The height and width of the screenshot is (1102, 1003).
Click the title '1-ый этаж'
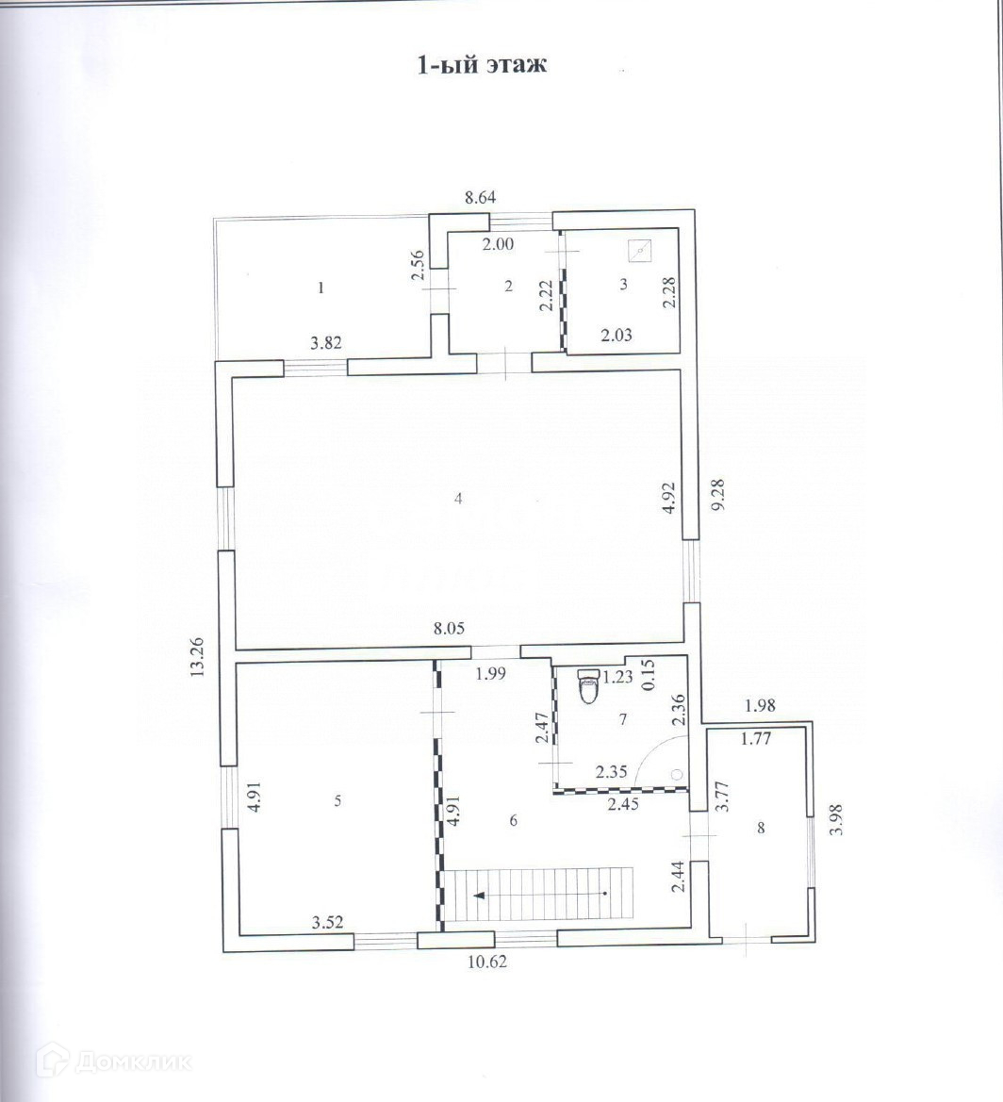point(482,66)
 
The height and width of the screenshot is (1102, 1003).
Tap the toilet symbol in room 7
point(588,687)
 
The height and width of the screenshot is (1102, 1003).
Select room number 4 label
point(457,500)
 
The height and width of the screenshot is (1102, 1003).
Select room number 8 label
point(762,829)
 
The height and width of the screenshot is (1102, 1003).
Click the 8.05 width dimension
point(449,629)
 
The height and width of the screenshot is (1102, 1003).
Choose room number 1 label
point(321,288)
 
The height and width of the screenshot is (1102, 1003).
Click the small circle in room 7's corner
point(676,774)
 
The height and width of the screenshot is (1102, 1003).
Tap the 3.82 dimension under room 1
point(325,345)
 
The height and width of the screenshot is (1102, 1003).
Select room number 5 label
point(337,801)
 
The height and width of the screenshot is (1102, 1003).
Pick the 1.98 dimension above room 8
point(760,704)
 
